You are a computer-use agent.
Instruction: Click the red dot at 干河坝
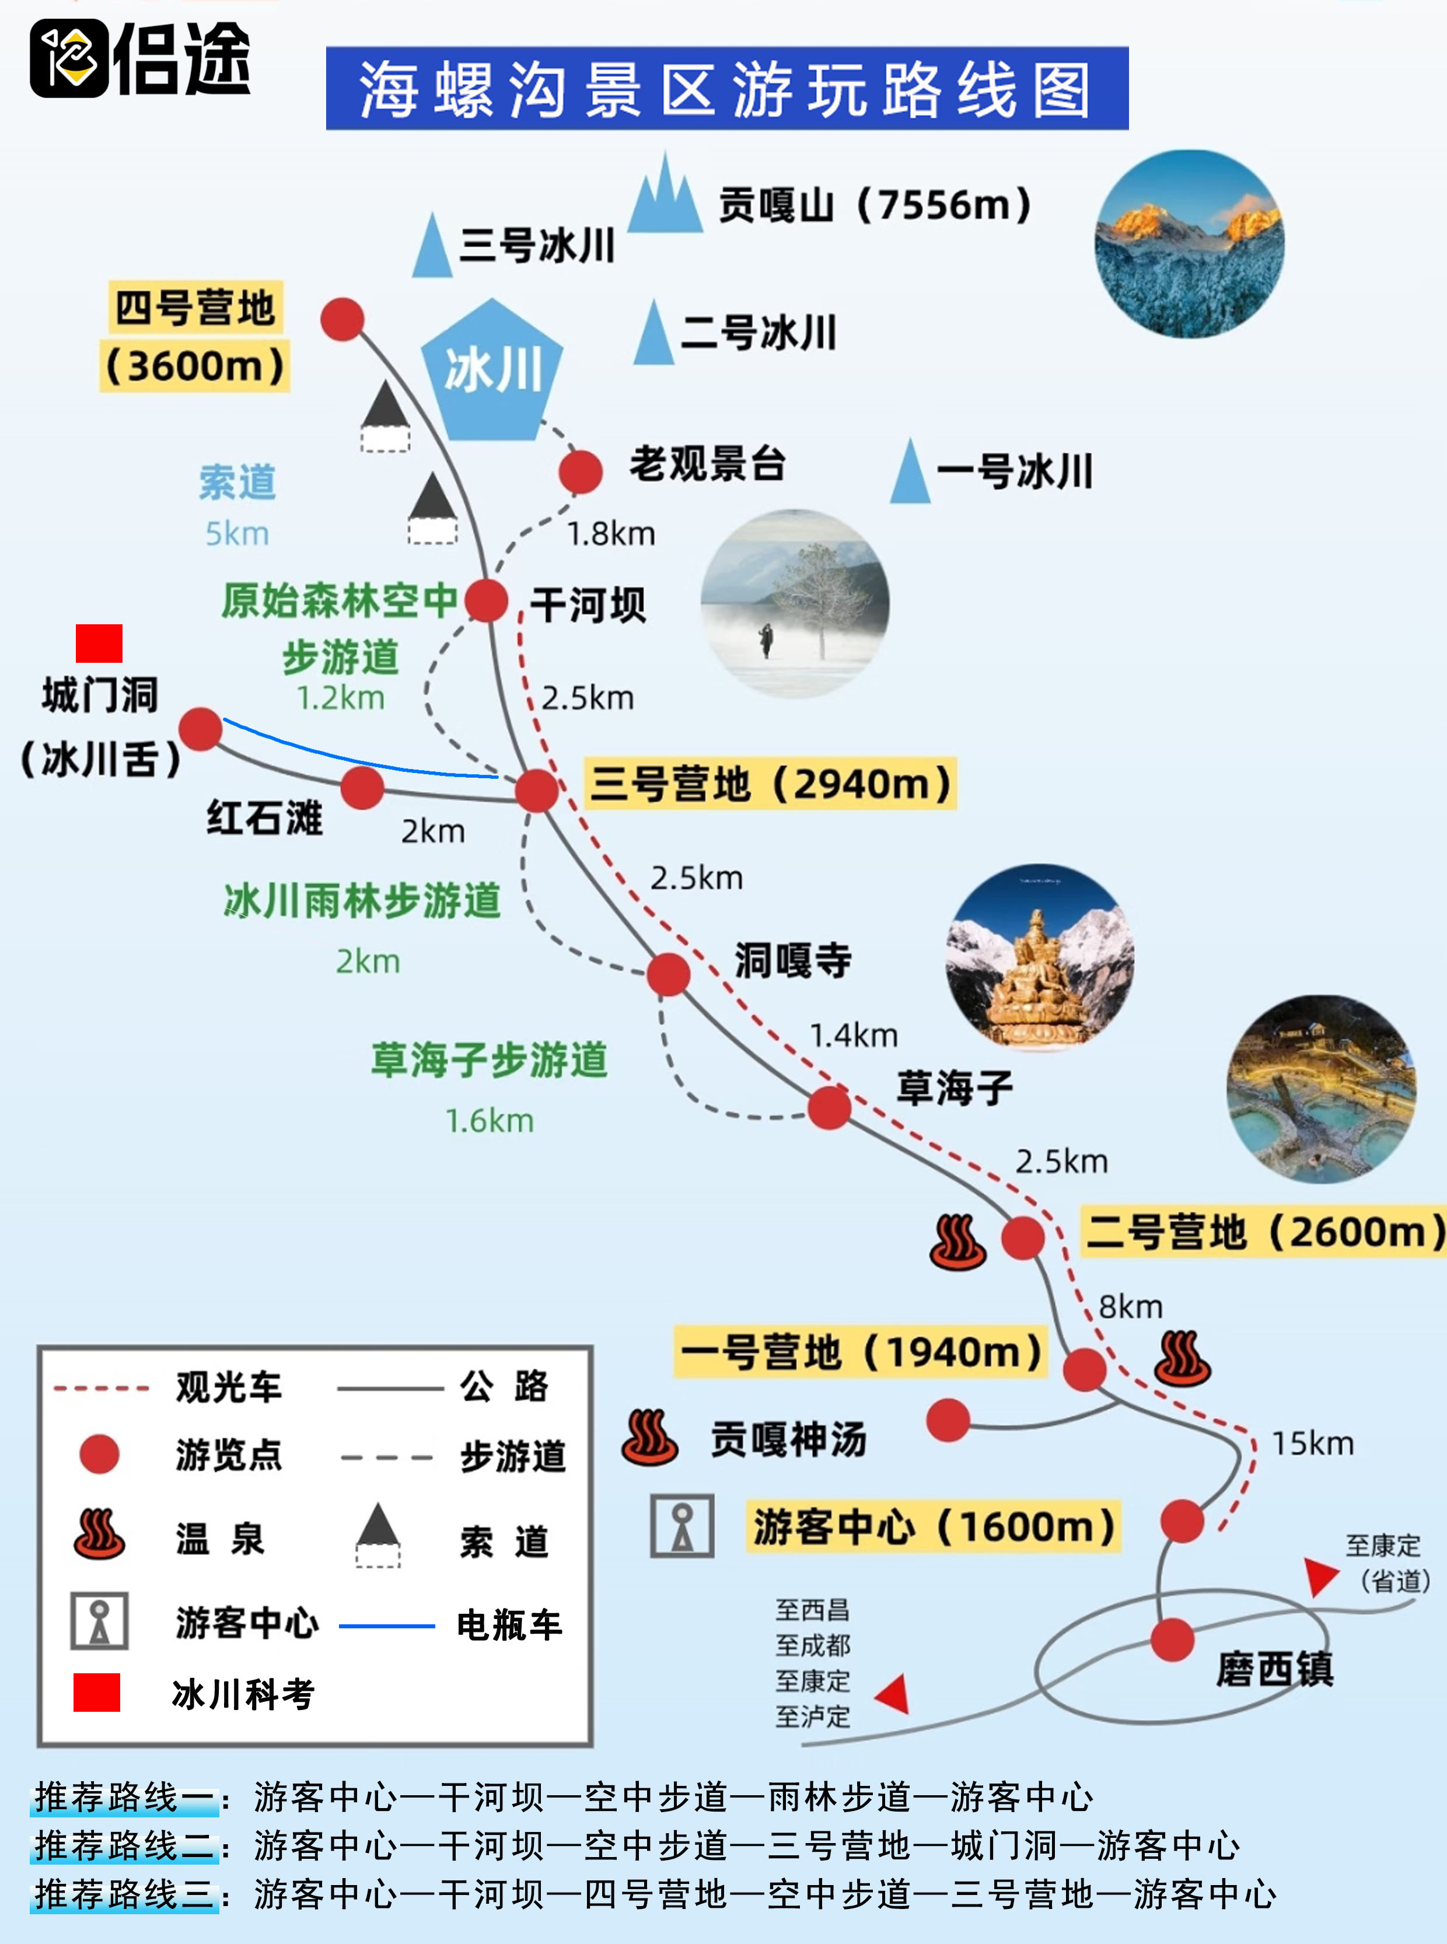[x=486, y=600]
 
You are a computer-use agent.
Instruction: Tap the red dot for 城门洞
[x=201, y=729]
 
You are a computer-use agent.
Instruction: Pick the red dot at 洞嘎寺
[x=668, y=974]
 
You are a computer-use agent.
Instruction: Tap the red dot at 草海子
[x=829, y=1108]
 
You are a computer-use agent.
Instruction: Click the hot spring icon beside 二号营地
[x=957, y=1242]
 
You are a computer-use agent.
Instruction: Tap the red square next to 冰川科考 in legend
[x=96, y=1692]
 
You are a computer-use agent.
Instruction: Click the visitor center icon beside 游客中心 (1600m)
[x=681, y=1526]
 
